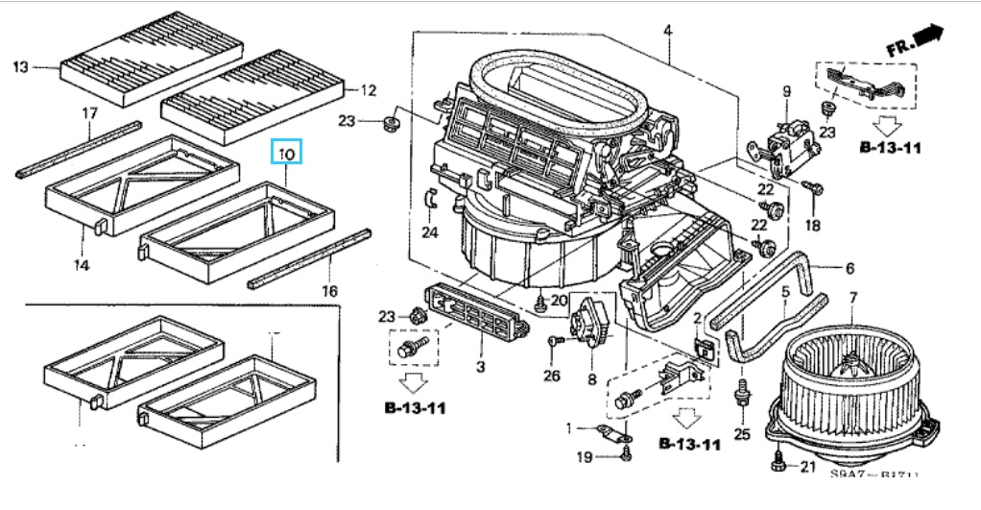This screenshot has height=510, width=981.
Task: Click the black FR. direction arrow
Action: [927, 36]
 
